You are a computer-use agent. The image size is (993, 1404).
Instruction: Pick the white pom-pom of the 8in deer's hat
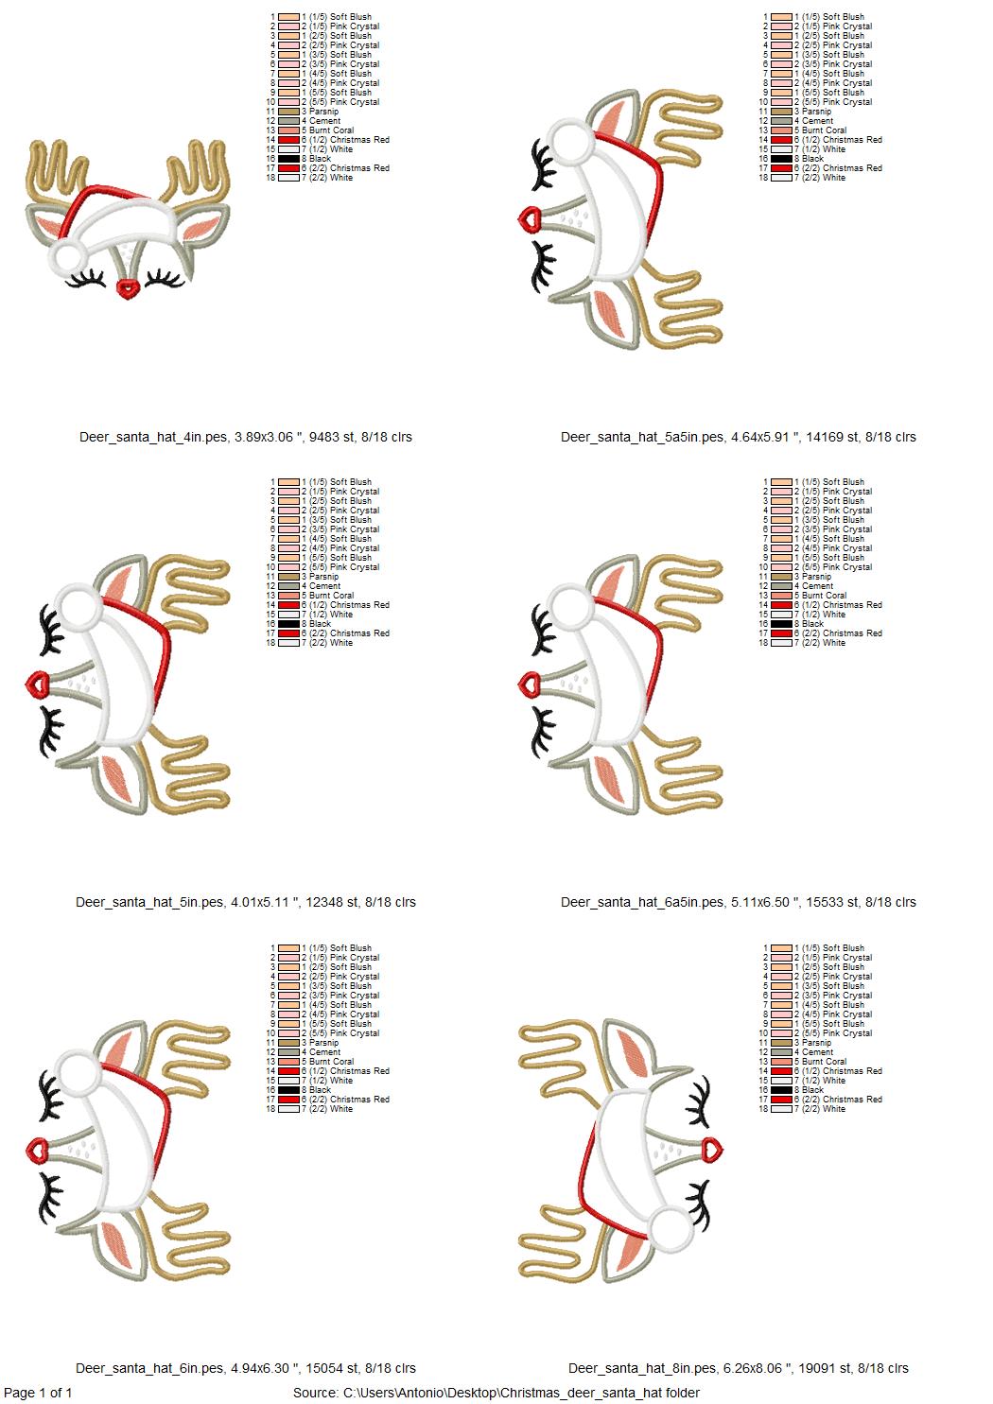(671, 1224)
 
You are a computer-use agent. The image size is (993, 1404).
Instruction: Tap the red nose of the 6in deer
(37, 1149)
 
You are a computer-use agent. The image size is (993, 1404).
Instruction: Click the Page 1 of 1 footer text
(38, 1393)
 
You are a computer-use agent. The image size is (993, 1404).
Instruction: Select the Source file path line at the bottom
(496, 1393)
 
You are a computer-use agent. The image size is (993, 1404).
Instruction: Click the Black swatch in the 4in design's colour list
(288, 159)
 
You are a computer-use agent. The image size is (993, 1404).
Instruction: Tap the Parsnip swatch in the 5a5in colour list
(781, 112)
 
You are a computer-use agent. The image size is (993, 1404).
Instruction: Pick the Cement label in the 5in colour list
(324, 586)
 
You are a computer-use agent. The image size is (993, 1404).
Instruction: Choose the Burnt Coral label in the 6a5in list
(824, 596)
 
